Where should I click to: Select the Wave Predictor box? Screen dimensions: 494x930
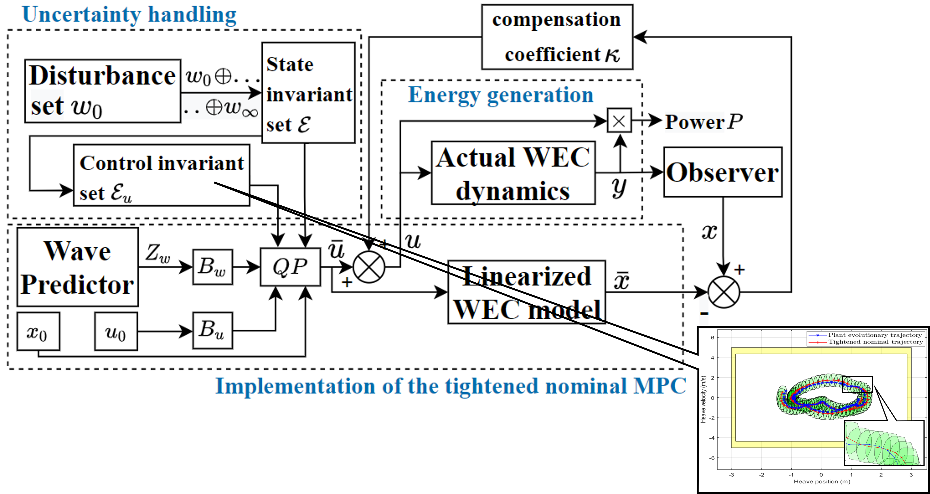pos(78,267)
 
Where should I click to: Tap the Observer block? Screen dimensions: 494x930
pos(723,172)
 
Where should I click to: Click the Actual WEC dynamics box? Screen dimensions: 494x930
pos(513,173)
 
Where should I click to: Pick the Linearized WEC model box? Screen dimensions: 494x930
pos(526,292)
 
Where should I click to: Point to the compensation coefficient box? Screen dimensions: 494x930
pos(557,37)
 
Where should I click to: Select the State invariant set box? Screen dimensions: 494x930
pos(308,93)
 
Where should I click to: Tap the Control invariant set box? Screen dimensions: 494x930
pos(161,175)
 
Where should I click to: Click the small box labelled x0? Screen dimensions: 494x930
pos(38,331)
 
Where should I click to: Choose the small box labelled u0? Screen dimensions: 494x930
pos(116,331)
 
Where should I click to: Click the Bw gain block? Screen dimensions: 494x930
pos(212,267)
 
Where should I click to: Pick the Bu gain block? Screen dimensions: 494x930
pos(212,330)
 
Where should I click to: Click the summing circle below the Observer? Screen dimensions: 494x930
pos(723,292)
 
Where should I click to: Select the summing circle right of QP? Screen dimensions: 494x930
pos(369,267)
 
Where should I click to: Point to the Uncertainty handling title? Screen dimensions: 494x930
pos(129,15)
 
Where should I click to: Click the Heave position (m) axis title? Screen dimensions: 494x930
pos(822,481)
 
